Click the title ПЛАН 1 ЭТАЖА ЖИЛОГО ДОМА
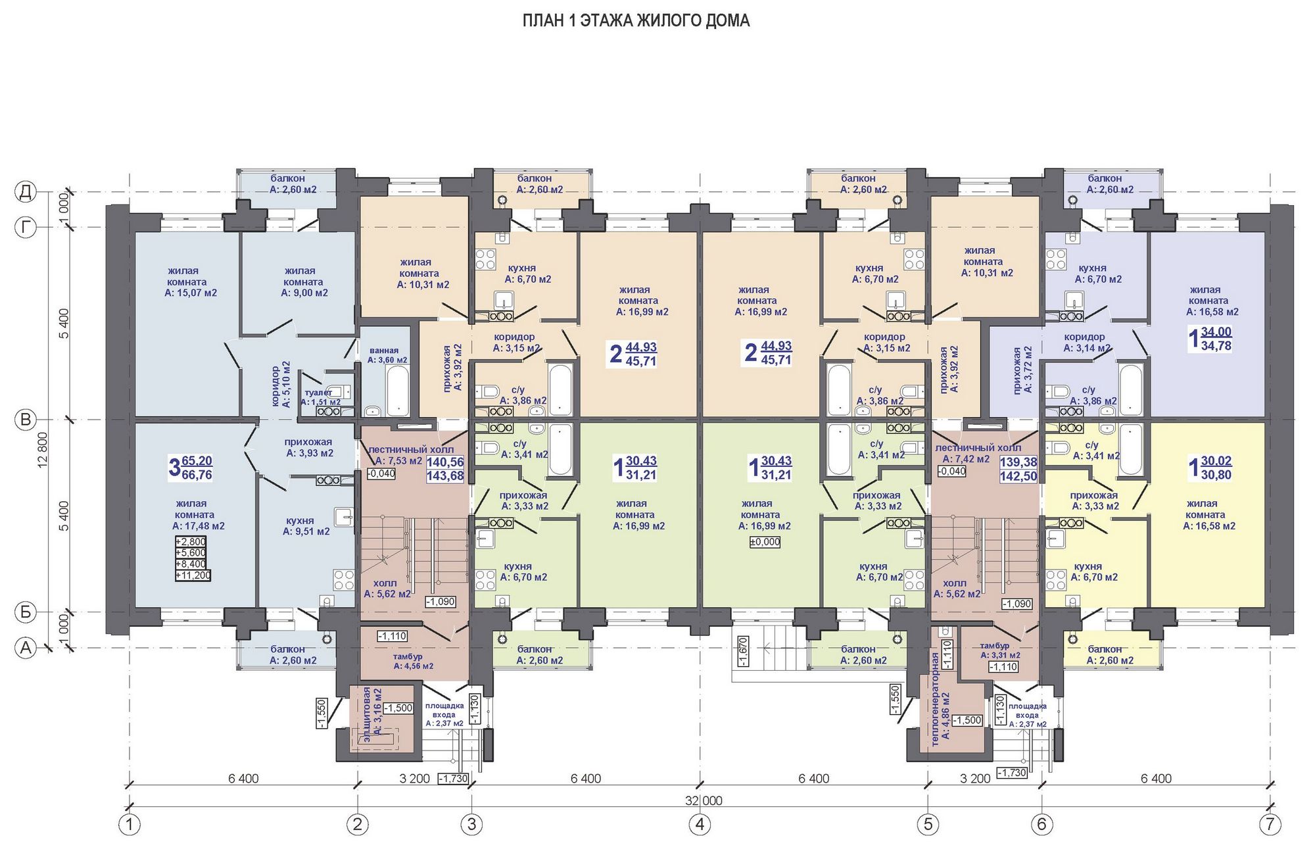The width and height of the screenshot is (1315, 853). point(636,20)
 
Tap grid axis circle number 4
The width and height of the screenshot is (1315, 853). point(700,824)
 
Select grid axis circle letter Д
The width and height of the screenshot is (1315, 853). point(26,192)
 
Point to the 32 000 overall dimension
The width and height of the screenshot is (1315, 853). point(703,800)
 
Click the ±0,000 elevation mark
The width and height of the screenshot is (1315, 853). point(765,542)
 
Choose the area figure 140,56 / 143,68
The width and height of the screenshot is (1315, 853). point(445,469)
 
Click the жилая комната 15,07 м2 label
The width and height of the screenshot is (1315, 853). point(191,281)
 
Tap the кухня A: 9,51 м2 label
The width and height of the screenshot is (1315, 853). point(306,525)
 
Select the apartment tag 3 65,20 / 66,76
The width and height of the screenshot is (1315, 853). point(191,468)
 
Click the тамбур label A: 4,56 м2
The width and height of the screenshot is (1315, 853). point(414,661)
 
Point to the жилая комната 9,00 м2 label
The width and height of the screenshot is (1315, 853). point(304,281)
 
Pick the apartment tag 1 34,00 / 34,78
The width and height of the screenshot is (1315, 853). point(1210,339)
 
